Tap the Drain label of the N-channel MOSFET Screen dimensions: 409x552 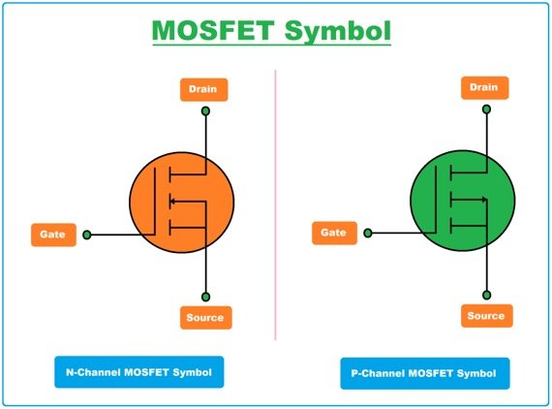point(204,89)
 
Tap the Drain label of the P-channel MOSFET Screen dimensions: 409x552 point(483,88)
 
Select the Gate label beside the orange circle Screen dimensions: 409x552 point(53,234)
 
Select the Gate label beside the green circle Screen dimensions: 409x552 point(332,233)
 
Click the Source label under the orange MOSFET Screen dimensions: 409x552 point(204,318)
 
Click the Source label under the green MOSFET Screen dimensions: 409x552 point(486,316)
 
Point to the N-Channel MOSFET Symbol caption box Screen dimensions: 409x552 point(139,371)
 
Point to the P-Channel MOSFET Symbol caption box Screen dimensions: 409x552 point(424,373)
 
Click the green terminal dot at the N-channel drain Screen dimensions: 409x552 point(205,112)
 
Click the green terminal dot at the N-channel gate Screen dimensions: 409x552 point(87,235)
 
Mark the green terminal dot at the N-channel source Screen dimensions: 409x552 point(205,297)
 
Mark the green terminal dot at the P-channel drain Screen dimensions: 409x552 point(486,110)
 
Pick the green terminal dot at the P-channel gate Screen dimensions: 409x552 point(368,233)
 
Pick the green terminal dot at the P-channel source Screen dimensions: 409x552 point(486,295)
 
